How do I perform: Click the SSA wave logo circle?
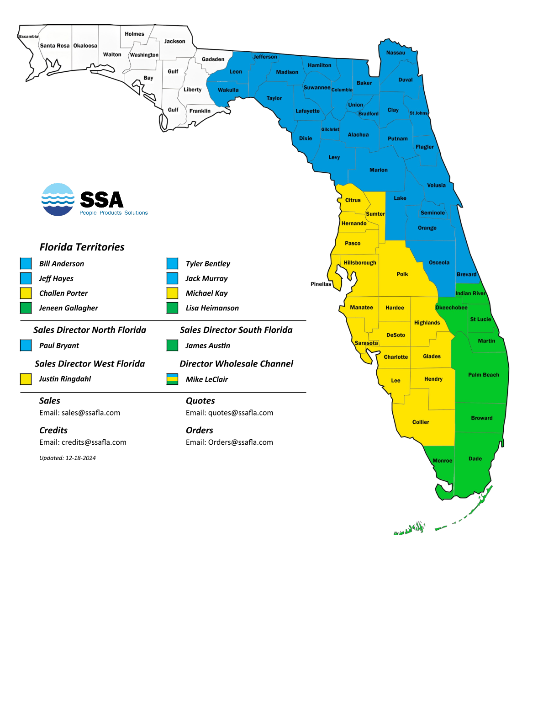click(58, 200)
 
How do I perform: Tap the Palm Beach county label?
click(483, 375)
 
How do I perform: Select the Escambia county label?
click(28, 37)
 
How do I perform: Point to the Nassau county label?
click(396, 53)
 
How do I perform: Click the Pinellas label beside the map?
click(321, 284)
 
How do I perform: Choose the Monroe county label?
click(442, 461)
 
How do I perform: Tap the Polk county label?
click(402, 274)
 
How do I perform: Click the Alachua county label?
click(358, 135)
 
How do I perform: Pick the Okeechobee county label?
click(451, 308)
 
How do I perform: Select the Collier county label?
click(421, 422)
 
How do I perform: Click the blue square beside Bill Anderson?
click(26, 263)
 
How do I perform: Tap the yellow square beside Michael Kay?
click(172, 293)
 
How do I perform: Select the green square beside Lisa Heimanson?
click(172, 308)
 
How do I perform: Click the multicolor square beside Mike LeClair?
click(172, 379)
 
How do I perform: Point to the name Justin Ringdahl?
click(65, 379)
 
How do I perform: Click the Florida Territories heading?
click(82, 247)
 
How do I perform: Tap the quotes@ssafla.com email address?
click(241, 413)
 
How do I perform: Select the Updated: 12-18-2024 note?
click(68, 458)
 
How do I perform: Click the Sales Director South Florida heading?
click(236, 330)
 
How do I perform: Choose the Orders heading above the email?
click(200, 431)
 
